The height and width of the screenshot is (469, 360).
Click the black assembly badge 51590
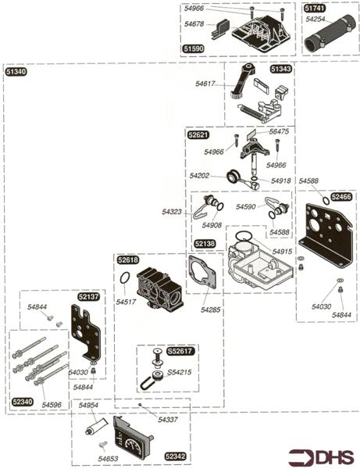point(194,48)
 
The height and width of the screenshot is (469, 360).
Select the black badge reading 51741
point(315,9)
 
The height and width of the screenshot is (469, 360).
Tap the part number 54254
point(315,19)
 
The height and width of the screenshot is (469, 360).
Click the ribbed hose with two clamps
point(330,34)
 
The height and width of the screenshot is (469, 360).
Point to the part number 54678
point(194,24)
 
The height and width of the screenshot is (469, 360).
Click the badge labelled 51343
point(281,69)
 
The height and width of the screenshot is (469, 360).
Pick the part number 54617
point(205,84)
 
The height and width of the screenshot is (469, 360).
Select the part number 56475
point(279,131)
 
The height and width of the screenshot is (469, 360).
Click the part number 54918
point(281,181)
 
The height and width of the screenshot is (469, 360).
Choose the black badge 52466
point(341,197)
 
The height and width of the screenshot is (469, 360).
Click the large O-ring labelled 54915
point(244,236)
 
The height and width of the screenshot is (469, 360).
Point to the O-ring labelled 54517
point(125,277)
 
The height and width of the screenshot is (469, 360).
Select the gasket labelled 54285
point(202,271)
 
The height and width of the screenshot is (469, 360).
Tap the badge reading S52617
point(180,351)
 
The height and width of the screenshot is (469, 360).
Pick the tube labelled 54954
point(95,426)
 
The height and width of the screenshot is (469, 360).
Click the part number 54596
point(52,405)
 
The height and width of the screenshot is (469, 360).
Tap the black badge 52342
point(176,456)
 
